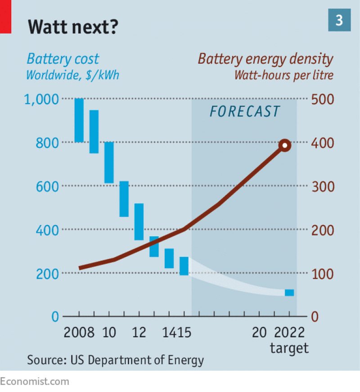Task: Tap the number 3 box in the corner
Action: (338, 20)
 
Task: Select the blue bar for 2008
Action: (79, 120)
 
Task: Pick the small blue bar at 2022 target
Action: (289, 293)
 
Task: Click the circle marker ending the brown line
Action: (284, 145)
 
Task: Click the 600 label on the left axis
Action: (47, 186)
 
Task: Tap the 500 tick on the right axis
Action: (323, 99)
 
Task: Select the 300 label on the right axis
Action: (323, 186)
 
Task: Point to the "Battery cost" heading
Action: (63, 59)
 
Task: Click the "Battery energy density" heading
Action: (265, 59)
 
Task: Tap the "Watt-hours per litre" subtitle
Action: (283, 75)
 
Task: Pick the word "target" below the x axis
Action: (289, 347)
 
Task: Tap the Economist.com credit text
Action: (35, 382)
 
